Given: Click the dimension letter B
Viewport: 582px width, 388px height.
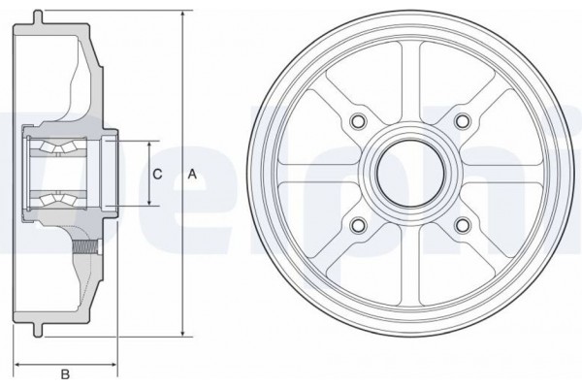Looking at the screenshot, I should [65, 372].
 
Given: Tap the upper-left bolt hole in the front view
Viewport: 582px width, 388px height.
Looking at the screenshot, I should [360, 121].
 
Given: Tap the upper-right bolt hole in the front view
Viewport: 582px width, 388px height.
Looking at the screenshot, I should [463, 121].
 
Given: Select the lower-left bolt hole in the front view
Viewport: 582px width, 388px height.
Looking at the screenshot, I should [360, 225].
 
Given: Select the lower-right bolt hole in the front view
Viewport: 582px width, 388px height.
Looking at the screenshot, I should [463, 225].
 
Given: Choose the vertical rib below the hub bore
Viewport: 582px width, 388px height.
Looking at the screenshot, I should [411, 262].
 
